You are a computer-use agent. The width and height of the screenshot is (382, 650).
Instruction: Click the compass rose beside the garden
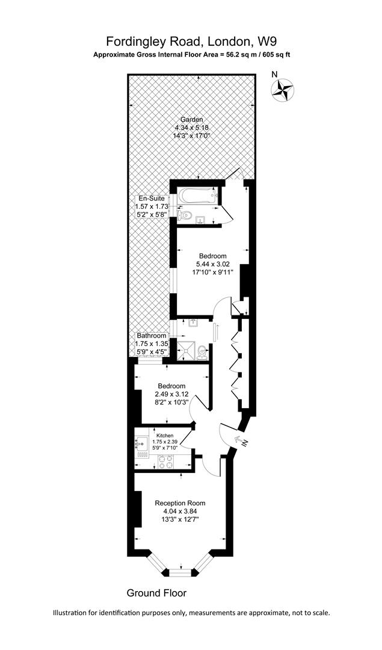point(283,90)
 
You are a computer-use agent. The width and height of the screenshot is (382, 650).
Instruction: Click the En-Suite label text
point(152,199)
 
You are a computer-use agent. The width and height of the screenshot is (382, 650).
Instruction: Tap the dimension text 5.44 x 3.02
point(212,264)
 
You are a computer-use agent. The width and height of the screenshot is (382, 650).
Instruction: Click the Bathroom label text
point(151,336)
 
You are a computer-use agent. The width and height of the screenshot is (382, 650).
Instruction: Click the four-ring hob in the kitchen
point(166,461)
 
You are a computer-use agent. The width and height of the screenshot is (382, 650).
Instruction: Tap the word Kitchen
point(165,435)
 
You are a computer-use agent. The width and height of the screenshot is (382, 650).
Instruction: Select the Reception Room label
point(180,503)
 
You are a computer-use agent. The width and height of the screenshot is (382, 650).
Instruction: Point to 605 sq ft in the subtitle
point(274,54)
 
